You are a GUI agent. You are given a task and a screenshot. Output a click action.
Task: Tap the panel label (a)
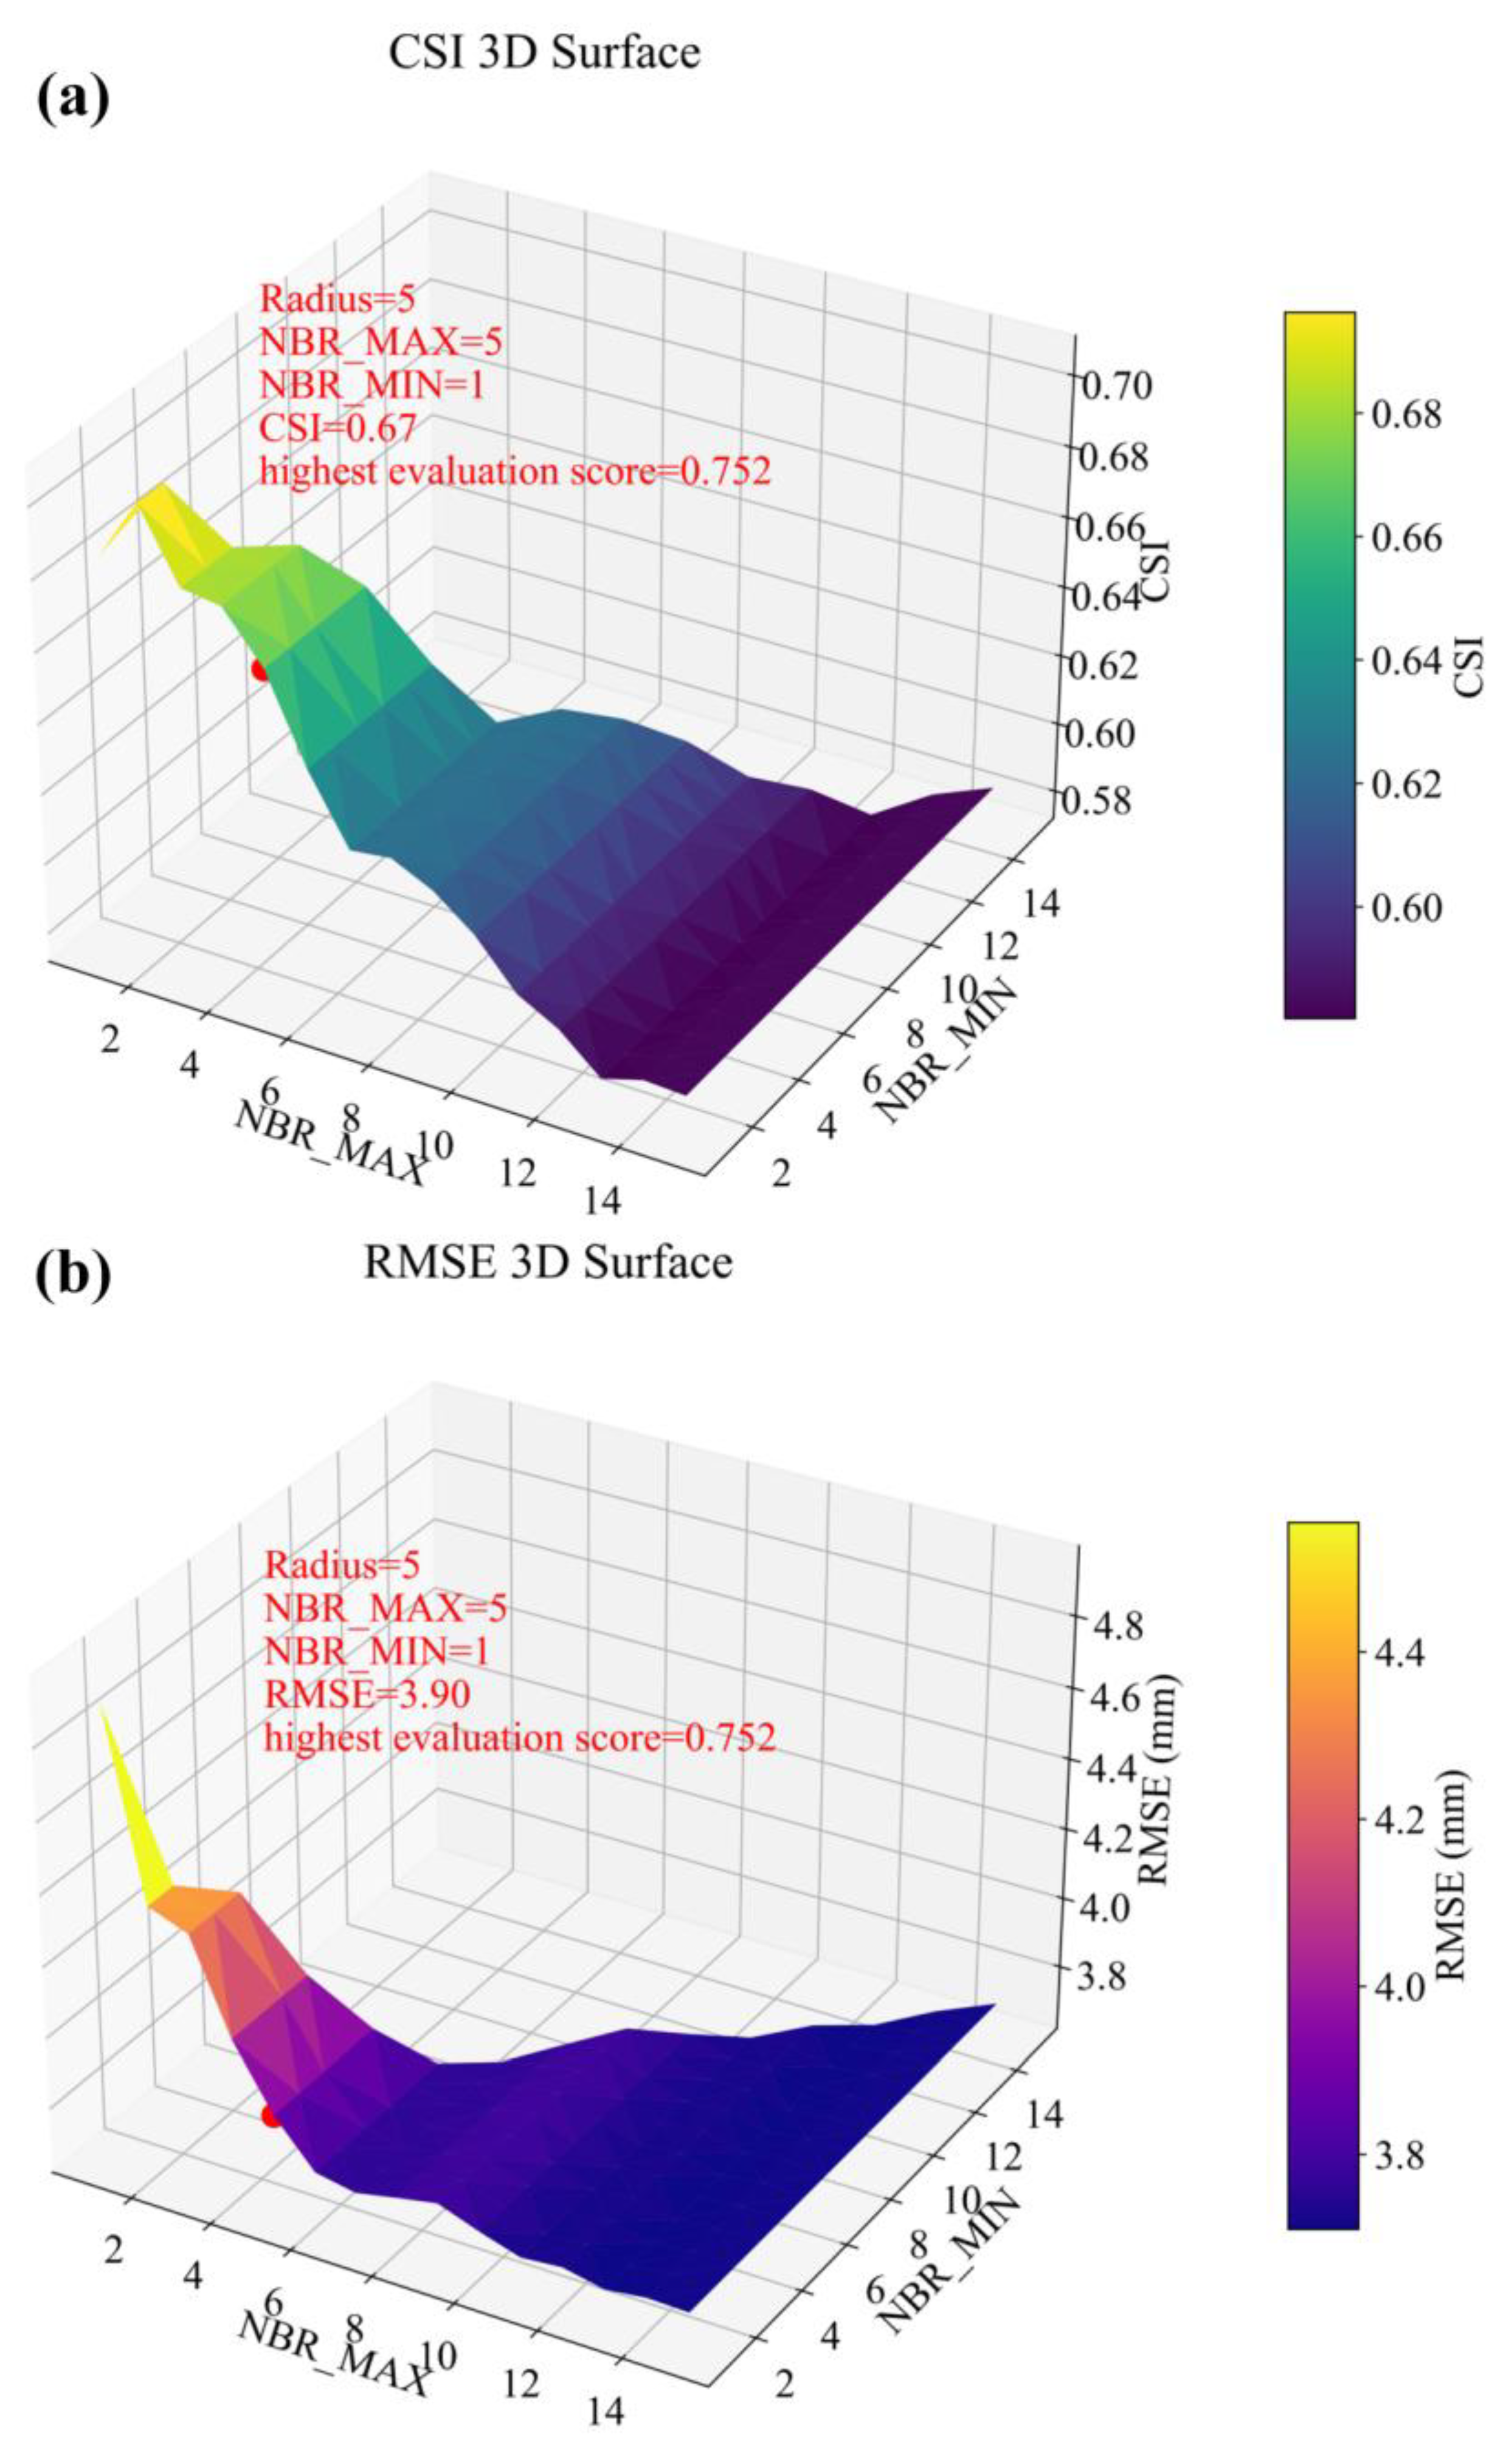point(73,100)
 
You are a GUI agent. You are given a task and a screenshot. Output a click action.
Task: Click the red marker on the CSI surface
point(261,670)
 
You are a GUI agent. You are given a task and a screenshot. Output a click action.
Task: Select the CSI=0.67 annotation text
point(339,428)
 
